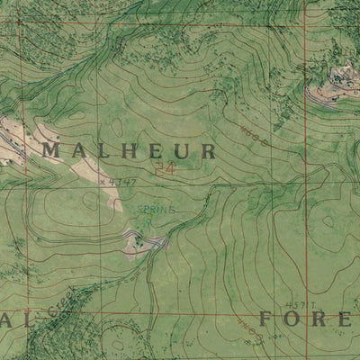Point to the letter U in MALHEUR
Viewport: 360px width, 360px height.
coord(183,150)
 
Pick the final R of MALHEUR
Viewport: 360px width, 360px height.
coord(208,150)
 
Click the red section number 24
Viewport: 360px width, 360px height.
coord(163,167)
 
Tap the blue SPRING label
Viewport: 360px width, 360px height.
coord(156,210)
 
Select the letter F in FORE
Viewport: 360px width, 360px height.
coord(267,319)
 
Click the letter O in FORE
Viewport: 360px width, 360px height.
coord(293,319)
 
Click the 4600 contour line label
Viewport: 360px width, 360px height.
coord(256,134)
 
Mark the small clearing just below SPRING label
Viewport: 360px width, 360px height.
coord(147,242)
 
